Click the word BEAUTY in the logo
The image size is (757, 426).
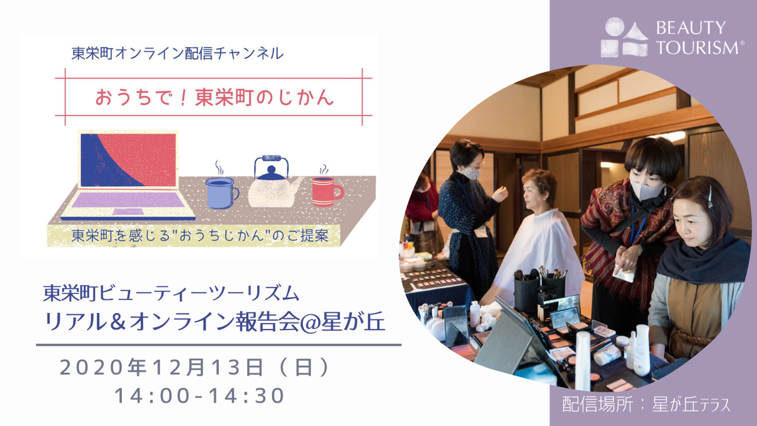(691, 28)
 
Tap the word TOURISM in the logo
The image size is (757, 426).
(698, 47)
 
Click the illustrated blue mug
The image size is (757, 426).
(222, 192)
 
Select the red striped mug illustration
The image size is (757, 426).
(327, 191)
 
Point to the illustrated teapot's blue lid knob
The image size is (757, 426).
(271, 170)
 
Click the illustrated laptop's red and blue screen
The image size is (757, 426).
(128, 160)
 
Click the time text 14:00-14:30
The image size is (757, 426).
(199, 396)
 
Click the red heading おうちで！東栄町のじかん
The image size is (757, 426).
(214, 98)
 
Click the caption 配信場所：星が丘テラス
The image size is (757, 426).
(646, 404)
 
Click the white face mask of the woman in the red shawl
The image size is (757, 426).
(646, 190)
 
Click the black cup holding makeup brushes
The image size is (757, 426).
(527, 293)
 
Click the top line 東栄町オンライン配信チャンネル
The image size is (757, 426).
(178, 53)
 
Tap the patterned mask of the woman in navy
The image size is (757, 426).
(474, 174)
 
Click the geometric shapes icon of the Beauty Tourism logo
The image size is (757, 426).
(624, 37)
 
